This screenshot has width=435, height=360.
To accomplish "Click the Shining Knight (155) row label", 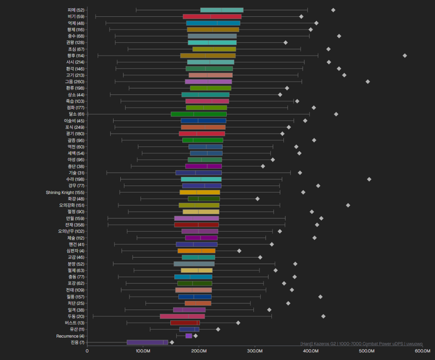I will tap(65, 192).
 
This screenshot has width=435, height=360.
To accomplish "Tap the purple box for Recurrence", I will tap(189, 336).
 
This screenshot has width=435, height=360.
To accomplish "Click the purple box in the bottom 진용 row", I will tap(147, 342).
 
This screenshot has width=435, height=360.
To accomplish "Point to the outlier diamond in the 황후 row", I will tap(405, 55).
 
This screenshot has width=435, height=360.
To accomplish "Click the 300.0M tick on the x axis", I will tap(255, 351).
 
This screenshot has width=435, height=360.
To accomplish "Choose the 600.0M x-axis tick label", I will tap(422, 351).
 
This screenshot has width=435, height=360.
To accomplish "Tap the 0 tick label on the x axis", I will tap(87, 351).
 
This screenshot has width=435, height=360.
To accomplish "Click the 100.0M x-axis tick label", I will tap(143, 351).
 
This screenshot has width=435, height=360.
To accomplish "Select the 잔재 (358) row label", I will tap(73, 225).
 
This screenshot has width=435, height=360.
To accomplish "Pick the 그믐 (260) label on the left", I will tap(73, 82).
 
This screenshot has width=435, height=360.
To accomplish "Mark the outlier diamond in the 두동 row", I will tap(324, 316).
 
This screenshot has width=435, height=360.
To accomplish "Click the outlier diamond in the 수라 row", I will tap(369, 179).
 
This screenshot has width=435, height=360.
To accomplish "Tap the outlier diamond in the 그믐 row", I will tap(368, 82).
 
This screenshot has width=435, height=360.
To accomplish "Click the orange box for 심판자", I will tap(196, 251).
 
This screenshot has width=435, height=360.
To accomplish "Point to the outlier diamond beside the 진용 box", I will tap(172, 342).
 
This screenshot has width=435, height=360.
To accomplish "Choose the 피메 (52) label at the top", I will tap(76, 10).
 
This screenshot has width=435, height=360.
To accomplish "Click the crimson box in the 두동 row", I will tap(182, 316).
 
